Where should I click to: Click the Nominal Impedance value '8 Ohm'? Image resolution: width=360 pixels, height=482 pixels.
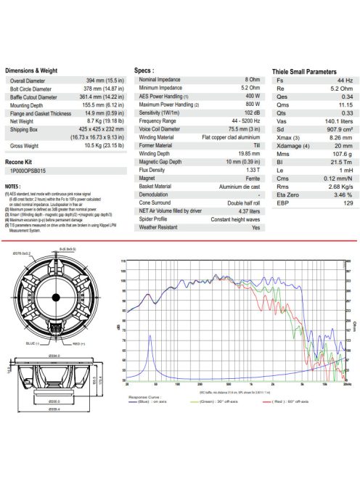click(x=252, y=78)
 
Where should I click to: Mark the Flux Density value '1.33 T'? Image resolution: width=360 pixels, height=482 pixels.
click(x=251, y=169)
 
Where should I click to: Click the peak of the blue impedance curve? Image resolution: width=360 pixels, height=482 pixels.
click(x=150, y=335)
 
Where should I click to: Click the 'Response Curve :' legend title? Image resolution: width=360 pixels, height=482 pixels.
click(x=144, y=398)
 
